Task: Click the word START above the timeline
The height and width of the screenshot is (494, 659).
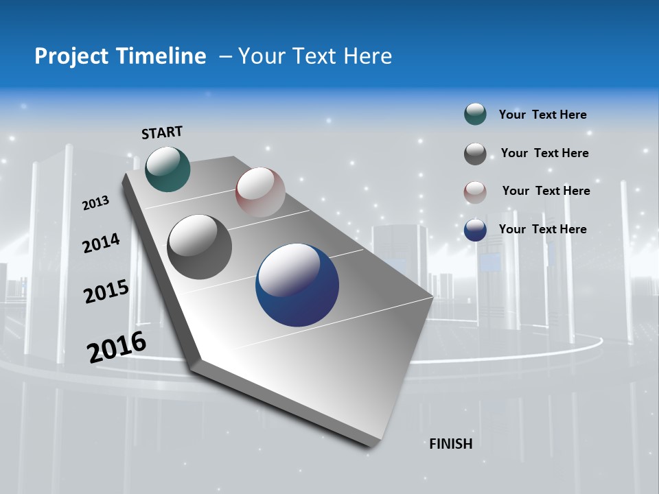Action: (162, 132)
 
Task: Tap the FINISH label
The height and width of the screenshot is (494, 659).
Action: (451, 444)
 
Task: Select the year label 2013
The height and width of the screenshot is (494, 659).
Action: (95, 203)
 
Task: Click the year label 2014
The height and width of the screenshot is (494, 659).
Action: (101, 243)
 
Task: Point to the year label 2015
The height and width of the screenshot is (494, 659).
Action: (106, 292)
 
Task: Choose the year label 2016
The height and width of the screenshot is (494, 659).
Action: (117, 346)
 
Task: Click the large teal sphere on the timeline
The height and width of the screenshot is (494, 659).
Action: (167, 169)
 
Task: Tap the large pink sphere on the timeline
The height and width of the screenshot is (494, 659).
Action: (260, 191)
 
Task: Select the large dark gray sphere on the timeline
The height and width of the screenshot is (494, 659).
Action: (199, 247)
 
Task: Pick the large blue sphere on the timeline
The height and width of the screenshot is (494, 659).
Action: (297, 285)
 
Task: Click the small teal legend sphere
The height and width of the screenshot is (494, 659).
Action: (475, 114)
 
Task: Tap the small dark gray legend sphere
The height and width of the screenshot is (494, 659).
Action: (475, 154)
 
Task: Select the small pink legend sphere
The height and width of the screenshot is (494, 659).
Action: (475, 192)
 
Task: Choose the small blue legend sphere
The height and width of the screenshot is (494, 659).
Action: (475, 230)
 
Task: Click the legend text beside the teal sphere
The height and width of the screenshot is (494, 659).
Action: (542, 115)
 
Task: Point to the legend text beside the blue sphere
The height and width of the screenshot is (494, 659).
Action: (542, 229)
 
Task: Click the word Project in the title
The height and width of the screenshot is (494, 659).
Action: (71, 56)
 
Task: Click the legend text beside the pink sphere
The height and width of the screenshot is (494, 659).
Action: (546, 191)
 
